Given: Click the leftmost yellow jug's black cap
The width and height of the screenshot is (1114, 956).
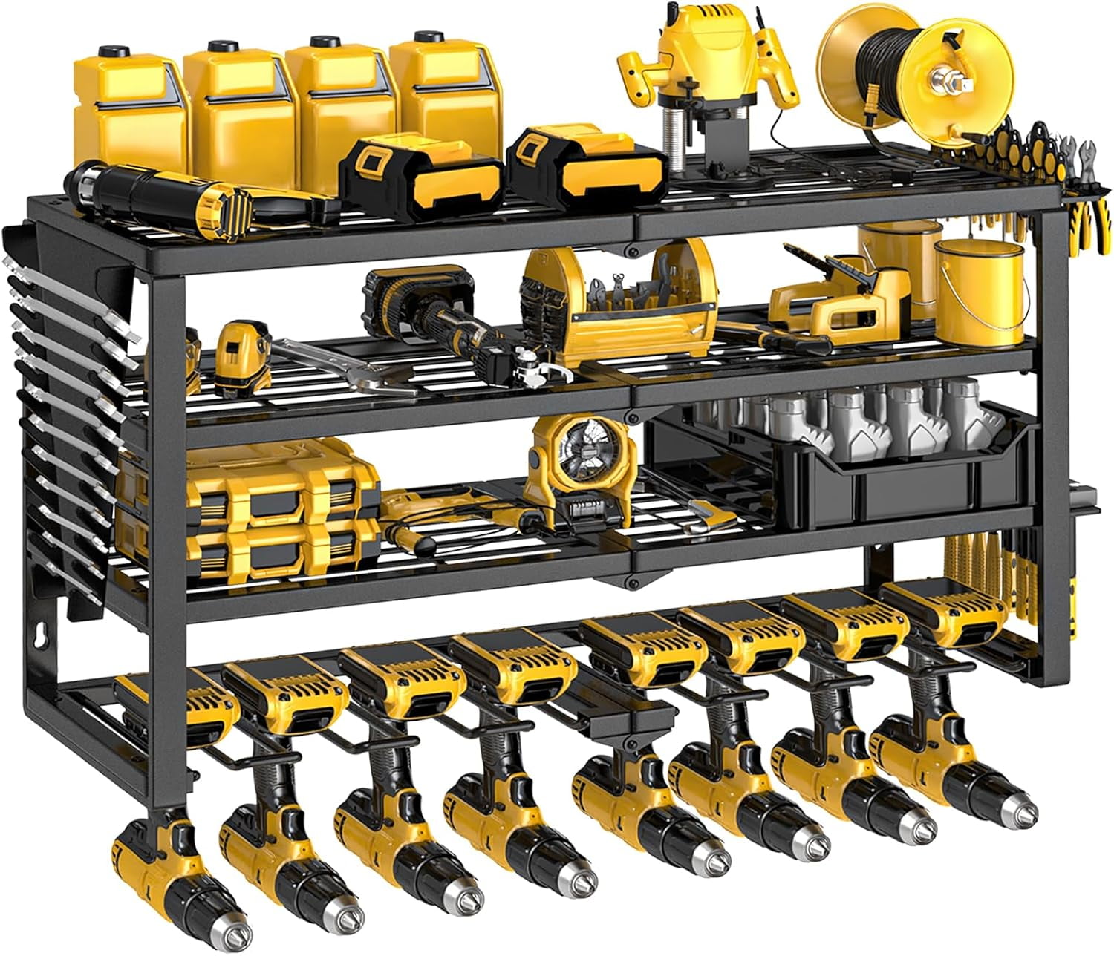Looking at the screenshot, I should click(113, 51).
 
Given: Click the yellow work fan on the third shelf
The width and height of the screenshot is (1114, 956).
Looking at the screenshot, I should click(576, 464).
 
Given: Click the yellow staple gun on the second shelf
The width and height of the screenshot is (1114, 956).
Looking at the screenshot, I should click(832, 297).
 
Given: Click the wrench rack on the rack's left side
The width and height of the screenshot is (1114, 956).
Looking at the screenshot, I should click(67, 416).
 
